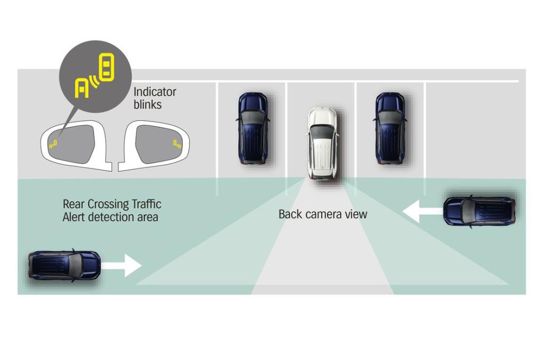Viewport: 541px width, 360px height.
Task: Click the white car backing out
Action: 323,143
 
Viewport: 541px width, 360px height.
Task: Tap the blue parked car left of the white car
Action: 253,128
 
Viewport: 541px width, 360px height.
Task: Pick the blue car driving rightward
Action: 64,265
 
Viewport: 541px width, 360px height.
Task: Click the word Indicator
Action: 155,92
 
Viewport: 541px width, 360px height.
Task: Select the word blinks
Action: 147,105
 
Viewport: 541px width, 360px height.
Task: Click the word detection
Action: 113,217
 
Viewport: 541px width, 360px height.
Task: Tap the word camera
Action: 324,214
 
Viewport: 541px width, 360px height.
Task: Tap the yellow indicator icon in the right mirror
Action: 177,143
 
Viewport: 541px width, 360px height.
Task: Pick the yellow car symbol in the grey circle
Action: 107,68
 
